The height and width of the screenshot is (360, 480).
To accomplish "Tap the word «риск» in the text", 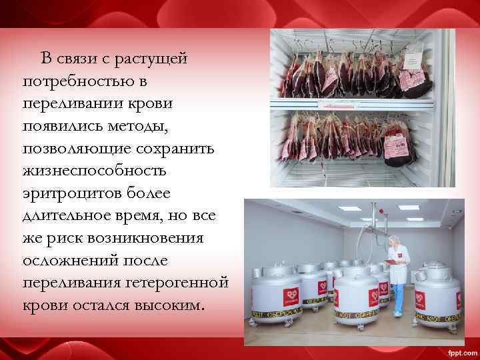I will (65, 238).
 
